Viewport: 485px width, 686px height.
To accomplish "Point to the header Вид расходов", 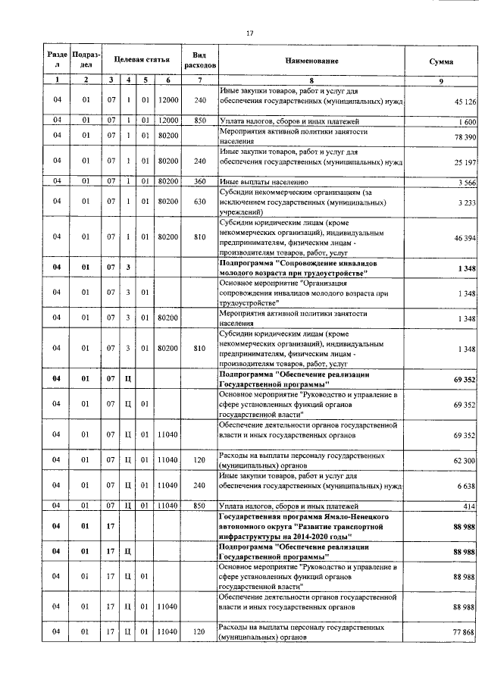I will point(199,61).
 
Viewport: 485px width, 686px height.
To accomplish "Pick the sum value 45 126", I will point(464,102).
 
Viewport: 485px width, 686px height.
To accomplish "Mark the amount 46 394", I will point(464,237).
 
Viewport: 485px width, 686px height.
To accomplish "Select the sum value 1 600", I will point(466,121).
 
